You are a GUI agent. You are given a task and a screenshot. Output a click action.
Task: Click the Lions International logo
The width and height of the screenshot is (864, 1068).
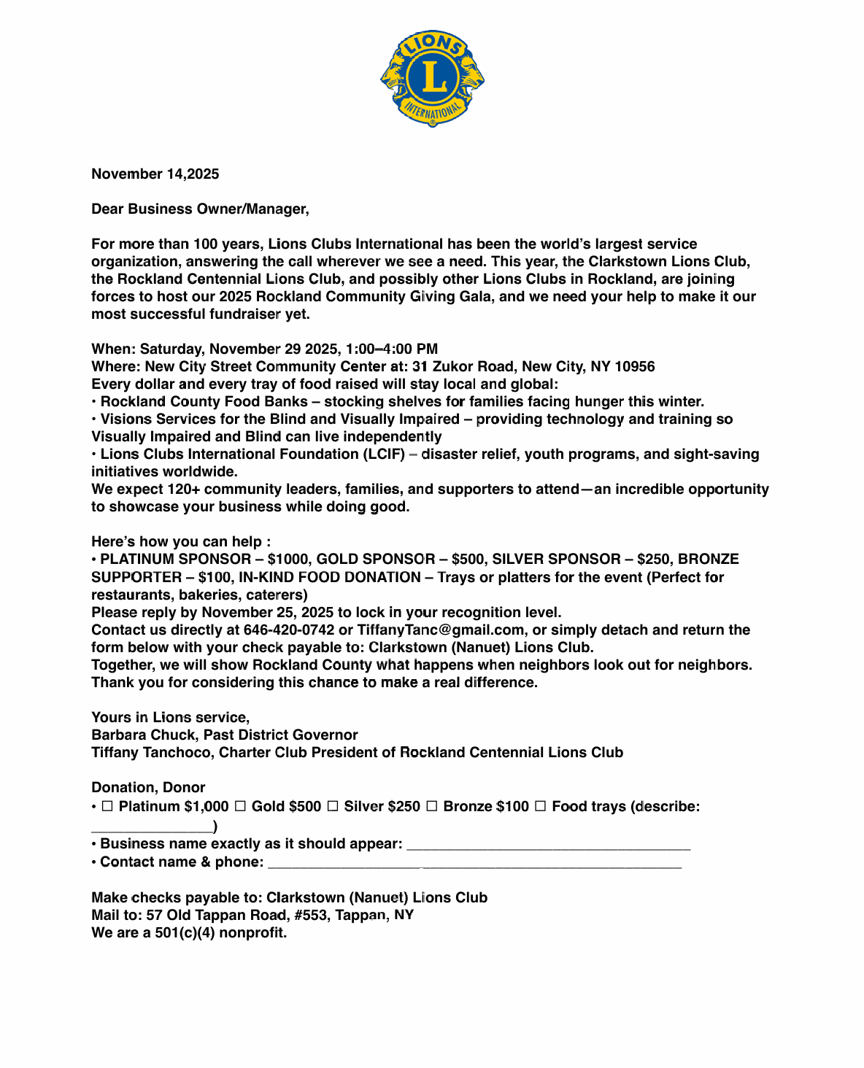click(432, 78)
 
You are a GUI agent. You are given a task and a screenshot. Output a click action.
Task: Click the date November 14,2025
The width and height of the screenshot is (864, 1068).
click(155, 174)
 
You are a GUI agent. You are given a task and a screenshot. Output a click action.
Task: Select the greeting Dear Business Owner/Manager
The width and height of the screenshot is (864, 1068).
click(200, 209)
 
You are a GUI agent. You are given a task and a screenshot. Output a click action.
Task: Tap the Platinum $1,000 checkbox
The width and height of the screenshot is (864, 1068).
click(107, 806)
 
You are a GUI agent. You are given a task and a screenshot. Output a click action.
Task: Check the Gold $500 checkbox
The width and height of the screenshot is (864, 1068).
click(240, 806)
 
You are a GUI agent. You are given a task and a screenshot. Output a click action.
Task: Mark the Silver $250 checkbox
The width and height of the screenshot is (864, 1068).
click(333, 806)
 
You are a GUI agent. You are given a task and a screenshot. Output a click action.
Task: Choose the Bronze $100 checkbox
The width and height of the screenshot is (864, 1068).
click(432, 806)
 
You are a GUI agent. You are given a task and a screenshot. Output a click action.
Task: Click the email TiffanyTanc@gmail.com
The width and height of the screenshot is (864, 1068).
click(441, 630)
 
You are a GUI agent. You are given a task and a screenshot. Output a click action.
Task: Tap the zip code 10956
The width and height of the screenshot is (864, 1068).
click(635, 366)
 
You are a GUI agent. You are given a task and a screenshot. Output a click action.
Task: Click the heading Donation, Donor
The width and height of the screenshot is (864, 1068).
click(148, 787)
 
